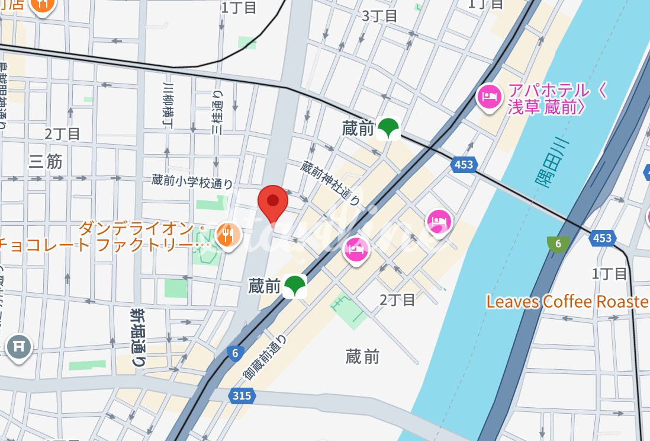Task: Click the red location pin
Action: click(x=273, y=202)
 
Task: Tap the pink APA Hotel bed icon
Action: click(x=490, y=97)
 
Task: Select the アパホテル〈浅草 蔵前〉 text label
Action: click(x=549, y=99)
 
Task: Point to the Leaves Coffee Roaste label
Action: click(x=567, y=302)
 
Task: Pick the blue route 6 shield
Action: click(x=236, y=354)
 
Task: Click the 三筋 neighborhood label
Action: click(x=46, y=161)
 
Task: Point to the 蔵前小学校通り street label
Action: click(x=192, y=181)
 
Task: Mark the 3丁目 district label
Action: click(x=379, y=15)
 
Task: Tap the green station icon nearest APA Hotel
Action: click(x=388, y=128)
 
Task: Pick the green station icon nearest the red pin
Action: click(x=294, y=286)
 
